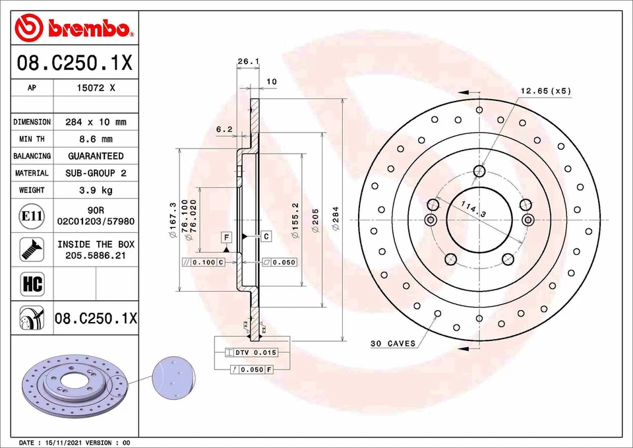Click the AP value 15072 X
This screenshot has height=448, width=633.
(x=96, y=88)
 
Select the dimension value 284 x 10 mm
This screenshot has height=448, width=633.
(x=96, y=122)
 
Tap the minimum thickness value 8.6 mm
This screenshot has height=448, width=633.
(x=96, y=139)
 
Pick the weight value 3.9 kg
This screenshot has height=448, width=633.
(x=96, y=190)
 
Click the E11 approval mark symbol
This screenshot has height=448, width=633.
(x=32, y=216)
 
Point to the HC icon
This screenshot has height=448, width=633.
(x=32, y=284)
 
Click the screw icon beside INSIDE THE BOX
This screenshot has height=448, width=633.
(x=32, y=249)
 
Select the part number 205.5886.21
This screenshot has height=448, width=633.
(x=96, y=255)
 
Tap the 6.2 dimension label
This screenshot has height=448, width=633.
(x=224, y=129)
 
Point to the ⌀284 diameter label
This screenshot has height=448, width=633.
(x=336, y=218)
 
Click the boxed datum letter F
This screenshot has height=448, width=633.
(x=226, y=236)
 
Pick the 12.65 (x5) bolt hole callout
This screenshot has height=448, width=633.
(x=545, y=90)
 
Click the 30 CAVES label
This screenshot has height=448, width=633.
(x=394, y=344)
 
